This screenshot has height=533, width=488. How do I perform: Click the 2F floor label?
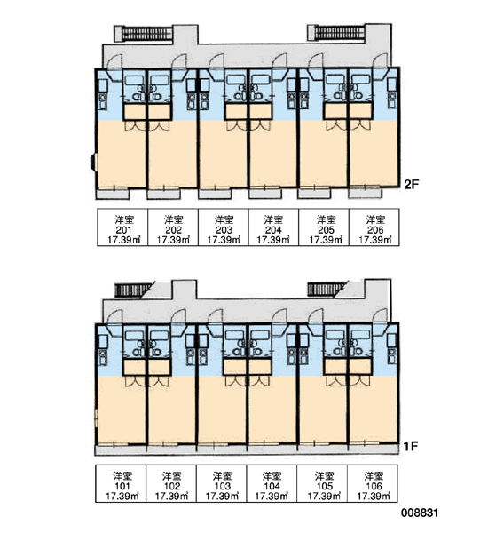pyautogui.click(x=412, y=184)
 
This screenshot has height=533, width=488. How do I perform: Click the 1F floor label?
pyautogui.click(x=411, y=446)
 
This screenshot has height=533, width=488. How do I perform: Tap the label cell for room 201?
pyautogui.click(x=122, y=227)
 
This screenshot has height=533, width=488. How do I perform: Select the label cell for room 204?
pyautogui.click(x=273, y=227)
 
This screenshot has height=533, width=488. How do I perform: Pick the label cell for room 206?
pyautogui.click(x=374, y=227)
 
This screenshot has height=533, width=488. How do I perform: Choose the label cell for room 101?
pyautogui.click(x=121, y=483)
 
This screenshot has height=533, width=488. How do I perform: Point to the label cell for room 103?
pyautogui.click(x=222, y=483)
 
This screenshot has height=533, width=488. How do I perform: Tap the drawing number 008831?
pyautogui.click(x=420, y=513)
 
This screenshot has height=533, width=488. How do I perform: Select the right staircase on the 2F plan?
pyautogui.click(x=337, y=33)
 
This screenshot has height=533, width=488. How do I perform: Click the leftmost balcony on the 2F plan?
pyautogui.click(x=113, y=194)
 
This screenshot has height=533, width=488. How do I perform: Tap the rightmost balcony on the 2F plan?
pyautogui.click(x=366, y=194)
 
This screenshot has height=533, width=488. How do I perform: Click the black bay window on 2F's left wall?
pyautogui.click(x=92, y=163)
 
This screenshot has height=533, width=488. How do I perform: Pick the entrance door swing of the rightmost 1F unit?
pyautogui.click(x=380, y=315)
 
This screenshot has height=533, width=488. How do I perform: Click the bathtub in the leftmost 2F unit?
pyautogui.click(x=135, y=80)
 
